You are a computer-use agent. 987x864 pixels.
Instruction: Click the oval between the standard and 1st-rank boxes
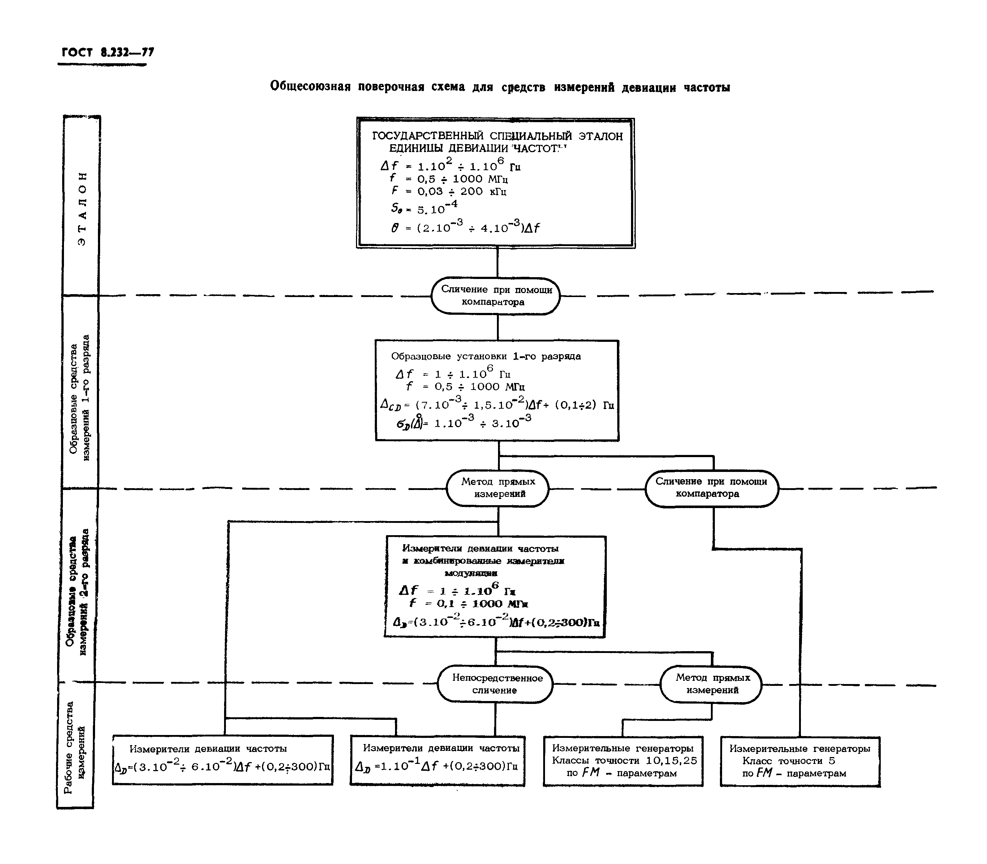tap(496, 296)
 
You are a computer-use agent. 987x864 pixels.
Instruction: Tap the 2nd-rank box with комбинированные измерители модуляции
tap(495, 586)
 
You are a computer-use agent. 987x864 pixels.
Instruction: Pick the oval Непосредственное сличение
tap(495, 684)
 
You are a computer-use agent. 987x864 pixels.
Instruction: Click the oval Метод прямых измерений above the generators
tap(711, 684)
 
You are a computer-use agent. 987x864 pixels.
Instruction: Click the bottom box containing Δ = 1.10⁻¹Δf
tap(437, 760)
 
